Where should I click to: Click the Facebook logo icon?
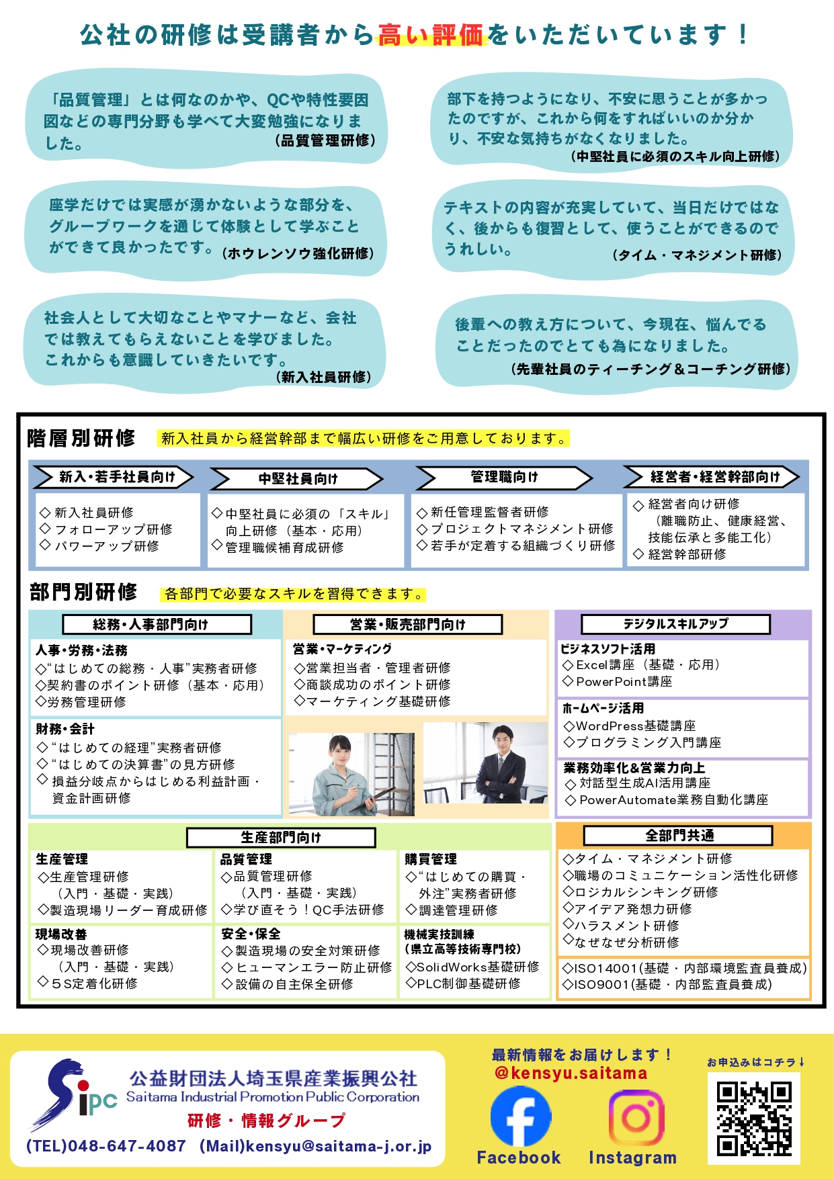pos(520,1117)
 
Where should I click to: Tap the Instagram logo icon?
pos(636,1117)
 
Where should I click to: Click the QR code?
pos(753,1119)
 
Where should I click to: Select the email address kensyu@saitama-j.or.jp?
pos(338,1146)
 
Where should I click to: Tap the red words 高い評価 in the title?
pos(430,34)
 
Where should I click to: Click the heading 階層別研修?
pos(81,438)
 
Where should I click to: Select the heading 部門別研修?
pos(83,592)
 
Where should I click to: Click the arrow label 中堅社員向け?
pos(297,478)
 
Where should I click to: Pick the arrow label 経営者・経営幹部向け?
pos(714,477)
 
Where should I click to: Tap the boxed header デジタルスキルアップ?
pos(675,624)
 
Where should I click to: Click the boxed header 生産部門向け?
pos(281,837)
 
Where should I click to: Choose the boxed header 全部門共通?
pos(679,835)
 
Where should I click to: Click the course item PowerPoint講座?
pos(624,682)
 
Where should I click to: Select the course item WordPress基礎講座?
pos(635,726)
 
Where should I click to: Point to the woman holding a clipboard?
pos(349,773)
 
